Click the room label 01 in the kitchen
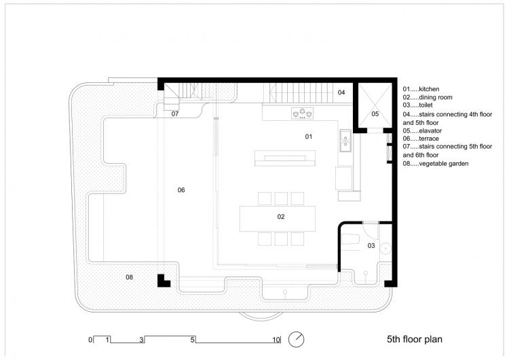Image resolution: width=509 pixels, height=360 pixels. (308, 137)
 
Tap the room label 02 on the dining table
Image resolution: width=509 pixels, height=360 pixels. (280, 217)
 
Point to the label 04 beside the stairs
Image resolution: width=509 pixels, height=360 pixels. (341, 92)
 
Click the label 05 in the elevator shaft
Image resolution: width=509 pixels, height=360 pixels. (375, 114)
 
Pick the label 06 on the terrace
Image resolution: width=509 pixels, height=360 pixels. (181, 190)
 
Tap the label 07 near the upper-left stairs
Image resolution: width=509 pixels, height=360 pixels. (174, 113)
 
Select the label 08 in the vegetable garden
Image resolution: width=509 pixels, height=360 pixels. (129, 276)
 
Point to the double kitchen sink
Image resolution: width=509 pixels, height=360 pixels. (345, 139)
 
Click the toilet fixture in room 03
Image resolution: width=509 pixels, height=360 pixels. (352, 239)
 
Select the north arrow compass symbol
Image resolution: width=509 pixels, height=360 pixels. (297, 338)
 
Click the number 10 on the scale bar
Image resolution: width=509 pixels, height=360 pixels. (276, 339)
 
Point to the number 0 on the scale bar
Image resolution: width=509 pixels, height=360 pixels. (90, 339)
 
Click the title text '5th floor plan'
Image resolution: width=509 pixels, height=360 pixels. (415, 338)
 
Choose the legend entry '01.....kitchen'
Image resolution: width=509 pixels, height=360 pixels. (421, 89)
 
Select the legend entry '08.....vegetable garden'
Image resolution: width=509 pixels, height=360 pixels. (435, 164)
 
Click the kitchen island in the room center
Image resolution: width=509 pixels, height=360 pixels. (284, 158)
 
